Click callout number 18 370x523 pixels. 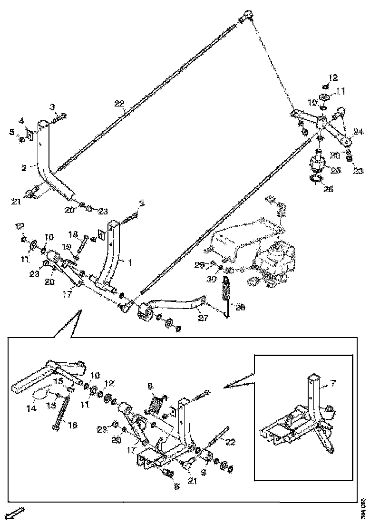(x=73, y=234)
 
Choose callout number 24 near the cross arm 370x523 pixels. (x=357, y=132)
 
